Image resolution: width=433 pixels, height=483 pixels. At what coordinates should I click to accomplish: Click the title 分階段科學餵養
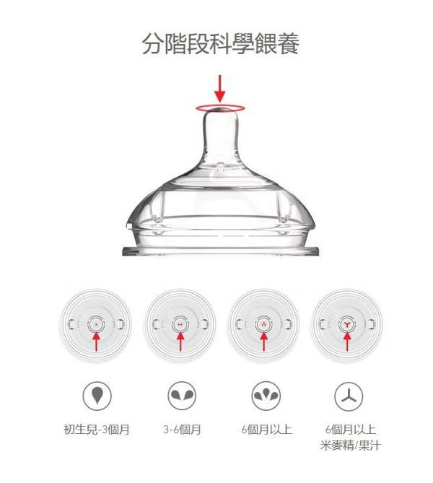tap(220, 45)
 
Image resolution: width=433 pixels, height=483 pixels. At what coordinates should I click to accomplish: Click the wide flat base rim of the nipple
tap(221, 251)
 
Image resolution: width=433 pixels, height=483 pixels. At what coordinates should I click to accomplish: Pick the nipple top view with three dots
tap(263, 324)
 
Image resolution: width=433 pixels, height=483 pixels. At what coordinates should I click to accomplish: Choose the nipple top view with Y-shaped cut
tap(347, 324)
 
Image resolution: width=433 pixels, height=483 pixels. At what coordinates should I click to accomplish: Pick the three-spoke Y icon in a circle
tap(349, 395)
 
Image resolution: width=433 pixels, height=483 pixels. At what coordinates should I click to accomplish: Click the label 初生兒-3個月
tap(96, 430)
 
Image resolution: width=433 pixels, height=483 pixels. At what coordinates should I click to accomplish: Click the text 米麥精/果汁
tap(350, 446)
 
